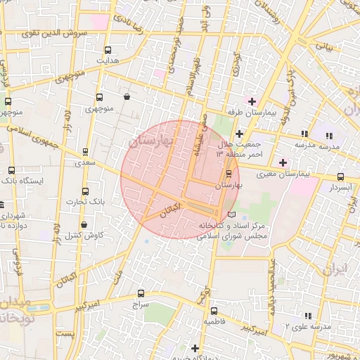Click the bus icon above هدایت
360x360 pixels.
pos(108,50)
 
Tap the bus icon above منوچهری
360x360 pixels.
pos(98,98)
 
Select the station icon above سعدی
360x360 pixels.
pos(86,151)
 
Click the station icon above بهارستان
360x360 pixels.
pos(229,173)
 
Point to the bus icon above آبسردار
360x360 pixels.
pos(341,177)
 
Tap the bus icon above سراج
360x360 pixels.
pos(141,294)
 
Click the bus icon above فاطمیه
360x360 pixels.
pos(214,311)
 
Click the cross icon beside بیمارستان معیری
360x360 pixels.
pos(283,162)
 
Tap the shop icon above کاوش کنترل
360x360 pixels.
pos(84,225)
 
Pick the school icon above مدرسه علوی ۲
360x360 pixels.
pos(307,316)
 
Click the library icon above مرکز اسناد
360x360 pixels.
pos(233,214)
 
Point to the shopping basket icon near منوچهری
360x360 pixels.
pos(126,97)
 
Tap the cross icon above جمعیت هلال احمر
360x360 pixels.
pos(240,134)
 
